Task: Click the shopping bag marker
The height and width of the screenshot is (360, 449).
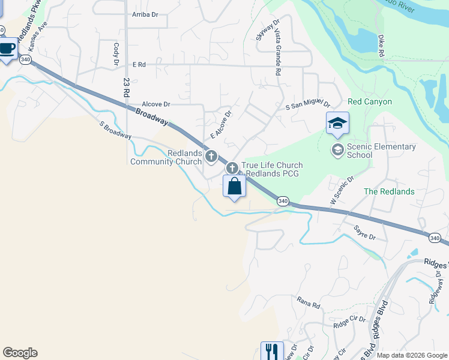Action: [x=234, y=187]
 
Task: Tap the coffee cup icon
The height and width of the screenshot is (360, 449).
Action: [x=7, y=49]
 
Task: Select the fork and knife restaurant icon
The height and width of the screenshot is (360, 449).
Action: [x=271, y=351]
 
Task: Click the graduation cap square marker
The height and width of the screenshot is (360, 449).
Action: [x=337, y=124]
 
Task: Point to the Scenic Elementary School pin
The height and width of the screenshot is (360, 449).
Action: [x=337, y=149]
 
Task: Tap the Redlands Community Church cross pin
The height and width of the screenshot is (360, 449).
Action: [x=211, y=157]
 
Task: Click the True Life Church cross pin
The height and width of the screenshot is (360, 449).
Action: [x=232, y=169]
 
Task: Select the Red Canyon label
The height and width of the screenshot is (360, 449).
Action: [x=369, y=102]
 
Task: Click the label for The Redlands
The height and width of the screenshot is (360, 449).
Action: [x=389, y=191]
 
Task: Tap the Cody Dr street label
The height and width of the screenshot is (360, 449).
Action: [x=115, y=53]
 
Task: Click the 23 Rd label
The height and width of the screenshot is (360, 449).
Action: [x=126, y=88]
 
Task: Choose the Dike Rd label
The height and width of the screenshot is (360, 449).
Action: [x=381, y=46]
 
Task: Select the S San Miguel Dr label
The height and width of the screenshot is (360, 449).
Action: [x=308, y=106]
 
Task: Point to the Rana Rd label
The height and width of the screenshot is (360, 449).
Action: [x=309, y=302]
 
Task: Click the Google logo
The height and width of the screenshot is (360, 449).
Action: [x=20, y=353]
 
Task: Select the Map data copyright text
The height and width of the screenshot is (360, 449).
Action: [x=411, y=355]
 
